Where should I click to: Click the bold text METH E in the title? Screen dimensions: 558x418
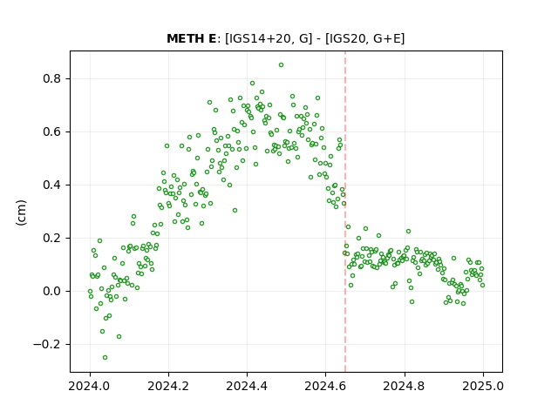click(x=191, y=38)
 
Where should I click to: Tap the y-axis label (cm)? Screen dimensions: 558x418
click(x=21, y=212)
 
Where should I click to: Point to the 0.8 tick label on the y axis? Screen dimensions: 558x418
click(x=52, y=78)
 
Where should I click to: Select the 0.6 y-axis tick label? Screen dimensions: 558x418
click(x=52, y=131)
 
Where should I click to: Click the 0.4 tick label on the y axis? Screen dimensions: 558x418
click(x=52, y=185)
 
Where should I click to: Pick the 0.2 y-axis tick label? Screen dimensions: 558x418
click(x=52, y=238)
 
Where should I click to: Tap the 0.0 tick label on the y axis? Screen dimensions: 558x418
click(x=52, y=291)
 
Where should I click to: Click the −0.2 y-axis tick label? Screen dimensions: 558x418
click(x=48, y=345)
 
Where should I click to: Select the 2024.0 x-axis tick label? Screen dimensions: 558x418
click(x=90, y=386)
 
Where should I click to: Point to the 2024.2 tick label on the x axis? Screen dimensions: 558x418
click(x=168, y=386)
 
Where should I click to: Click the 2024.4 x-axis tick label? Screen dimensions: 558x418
click(x=247, y=386)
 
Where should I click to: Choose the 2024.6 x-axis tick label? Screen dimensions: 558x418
click(x=325, y=386)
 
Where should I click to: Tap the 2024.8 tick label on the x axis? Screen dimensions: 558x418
click(x=405, y=386)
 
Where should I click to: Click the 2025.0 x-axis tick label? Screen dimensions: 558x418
click(x=483, y=386)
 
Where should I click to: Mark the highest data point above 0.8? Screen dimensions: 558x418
click(x=281, y=65)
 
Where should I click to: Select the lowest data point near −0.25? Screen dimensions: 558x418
click(x=105, y=358)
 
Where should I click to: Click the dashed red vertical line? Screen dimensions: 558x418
click(x=345, y=212)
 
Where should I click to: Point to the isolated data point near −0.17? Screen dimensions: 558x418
click(x=119, y=337)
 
